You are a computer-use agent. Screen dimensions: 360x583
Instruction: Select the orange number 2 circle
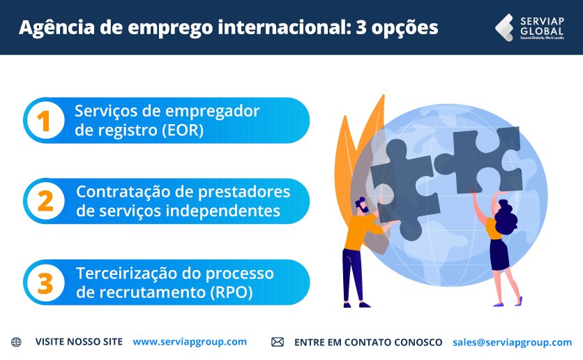pos(45,201)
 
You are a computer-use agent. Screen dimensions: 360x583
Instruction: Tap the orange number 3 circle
pos(45,283)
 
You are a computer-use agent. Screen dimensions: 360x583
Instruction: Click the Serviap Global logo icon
pos(504,27)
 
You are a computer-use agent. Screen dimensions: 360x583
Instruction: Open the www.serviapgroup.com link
pos(190,342)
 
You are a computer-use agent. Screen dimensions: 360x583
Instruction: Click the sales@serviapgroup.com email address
pos(512,342)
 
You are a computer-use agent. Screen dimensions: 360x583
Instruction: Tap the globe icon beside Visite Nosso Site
pos(17,342)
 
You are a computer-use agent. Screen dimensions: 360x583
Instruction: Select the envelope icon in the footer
pos(278,342)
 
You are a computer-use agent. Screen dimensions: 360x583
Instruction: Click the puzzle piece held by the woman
pos(480,160)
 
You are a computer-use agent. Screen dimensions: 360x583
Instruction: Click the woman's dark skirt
pos(499,254)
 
